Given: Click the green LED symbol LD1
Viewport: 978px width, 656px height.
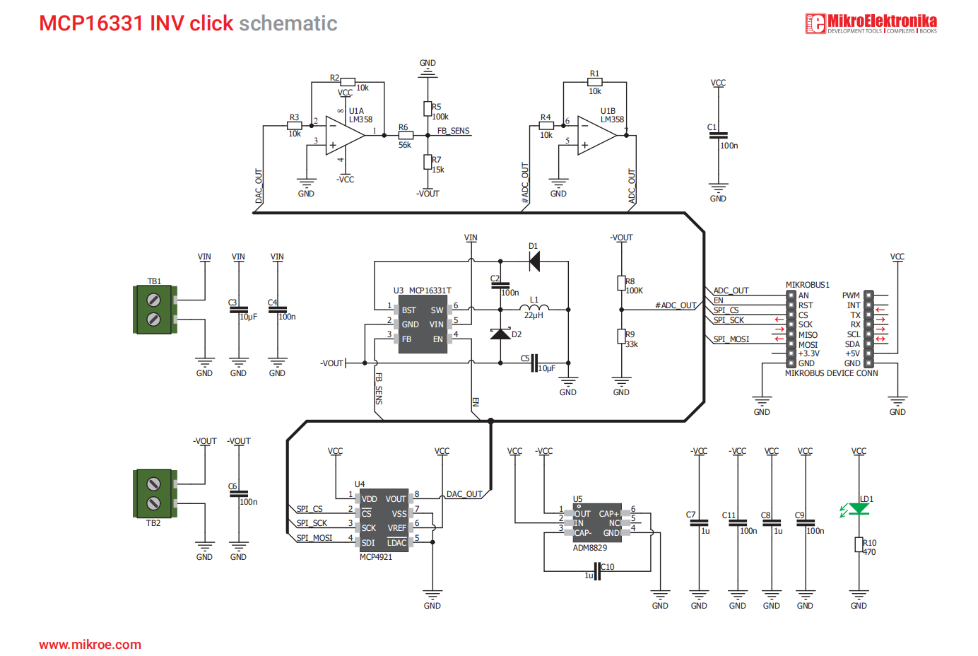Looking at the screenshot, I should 859,509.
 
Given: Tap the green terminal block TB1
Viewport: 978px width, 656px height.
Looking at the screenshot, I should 154,310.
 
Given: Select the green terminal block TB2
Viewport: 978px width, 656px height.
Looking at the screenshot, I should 154,493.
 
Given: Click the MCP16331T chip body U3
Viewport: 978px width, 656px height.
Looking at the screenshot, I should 423,324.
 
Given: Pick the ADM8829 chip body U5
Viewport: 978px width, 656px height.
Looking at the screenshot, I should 597,523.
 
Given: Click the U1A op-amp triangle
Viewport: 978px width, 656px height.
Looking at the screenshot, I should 344,135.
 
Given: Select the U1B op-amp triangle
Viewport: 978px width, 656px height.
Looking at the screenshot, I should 596,135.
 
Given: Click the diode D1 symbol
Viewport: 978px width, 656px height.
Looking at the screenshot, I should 535,262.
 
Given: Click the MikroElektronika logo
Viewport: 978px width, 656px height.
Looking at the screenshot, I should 871,23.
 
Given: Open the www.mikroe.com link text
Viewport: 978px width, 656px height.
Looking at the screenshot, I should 90,645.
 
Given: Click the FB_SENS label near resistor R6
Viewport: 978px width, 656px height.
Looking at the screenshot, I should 453,131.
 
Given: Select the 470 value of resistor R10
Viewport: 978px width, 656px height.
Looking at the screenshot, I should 869,552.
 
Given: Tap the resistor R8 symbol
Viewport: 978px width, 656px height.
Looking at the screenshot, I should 621,283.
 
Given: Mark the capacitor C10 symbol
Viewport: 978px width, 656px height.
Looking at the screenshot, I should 597,570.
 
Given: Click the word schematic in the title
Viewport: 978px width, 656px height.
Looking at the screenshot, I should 288,23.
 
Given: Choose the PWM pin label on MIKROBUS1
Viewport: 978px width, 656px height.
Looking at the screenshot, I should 851,295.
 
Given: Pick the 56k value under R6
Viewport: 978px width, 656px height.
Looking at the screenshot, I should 404,145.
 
